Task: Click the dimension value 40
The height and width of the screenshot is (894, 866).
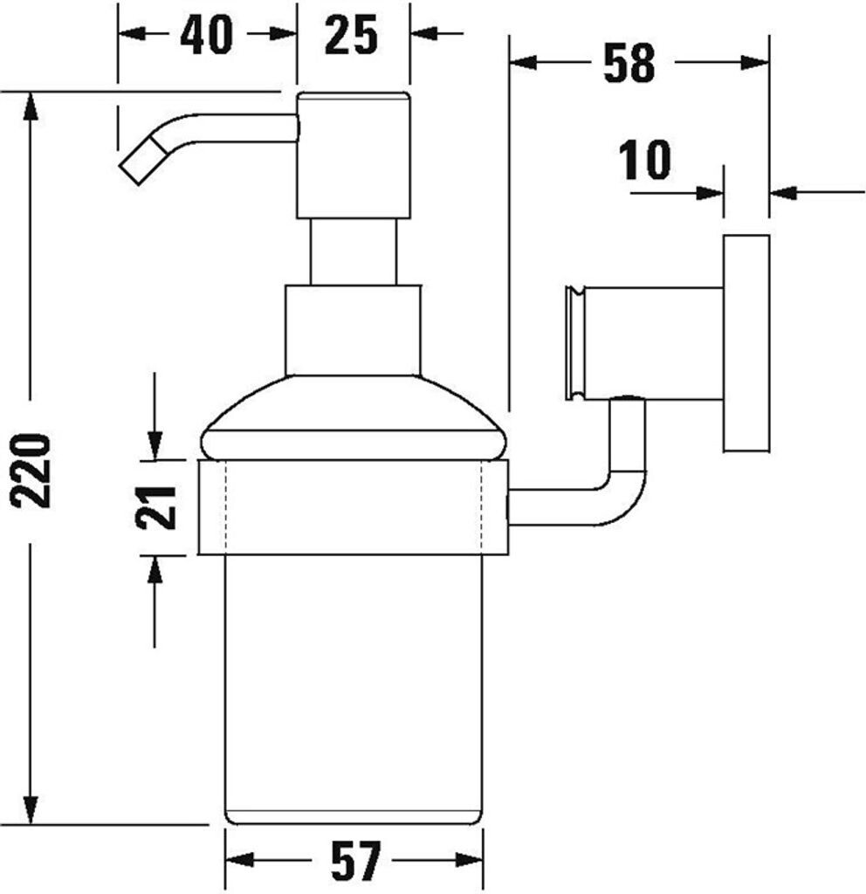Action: (x=206, y=35)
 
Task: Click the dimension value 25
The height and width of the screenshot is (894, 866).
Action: (x=351, y=35)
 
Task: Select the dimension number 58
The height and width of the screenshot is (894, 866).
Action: (x=629, y=63)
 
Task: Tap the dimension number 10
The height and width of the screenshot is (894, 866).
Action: (x=645, y=161)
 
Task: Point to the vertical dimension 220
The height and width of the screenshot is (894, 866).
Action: (x=31, y=471)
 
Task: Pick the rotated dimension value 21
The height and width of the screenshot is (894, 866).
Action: (x=156, y=507)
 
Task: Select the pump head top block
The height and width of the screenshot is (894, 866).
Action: (x=354, y=155)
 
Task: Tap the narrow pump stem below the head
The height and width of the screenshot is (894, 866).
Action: (x=354, y=251)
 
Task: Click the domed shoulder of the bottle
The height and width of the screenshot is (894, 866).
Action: (x=354, y=417)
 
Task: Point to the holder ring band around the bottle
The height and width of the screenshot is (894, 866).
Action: (x=354, y=507)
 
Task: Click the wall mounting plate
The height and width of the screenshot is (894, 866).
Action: (x=747, y=343)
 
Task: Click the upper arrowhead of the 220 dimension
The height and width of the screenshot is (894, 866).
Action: (x=31, y=107)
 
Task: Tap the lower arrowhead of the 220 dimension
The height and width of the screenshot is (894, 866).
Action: (x=31, y=809)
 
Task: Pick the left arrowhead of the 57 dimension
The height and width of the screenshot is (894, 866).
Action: (x=240, y=860)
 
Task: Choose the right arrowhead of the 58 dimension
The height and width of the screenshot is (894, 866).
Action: (x=755, y=62)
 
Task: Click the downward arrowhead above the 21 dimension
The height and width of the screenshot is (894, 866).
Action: (x=155, y=445)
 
